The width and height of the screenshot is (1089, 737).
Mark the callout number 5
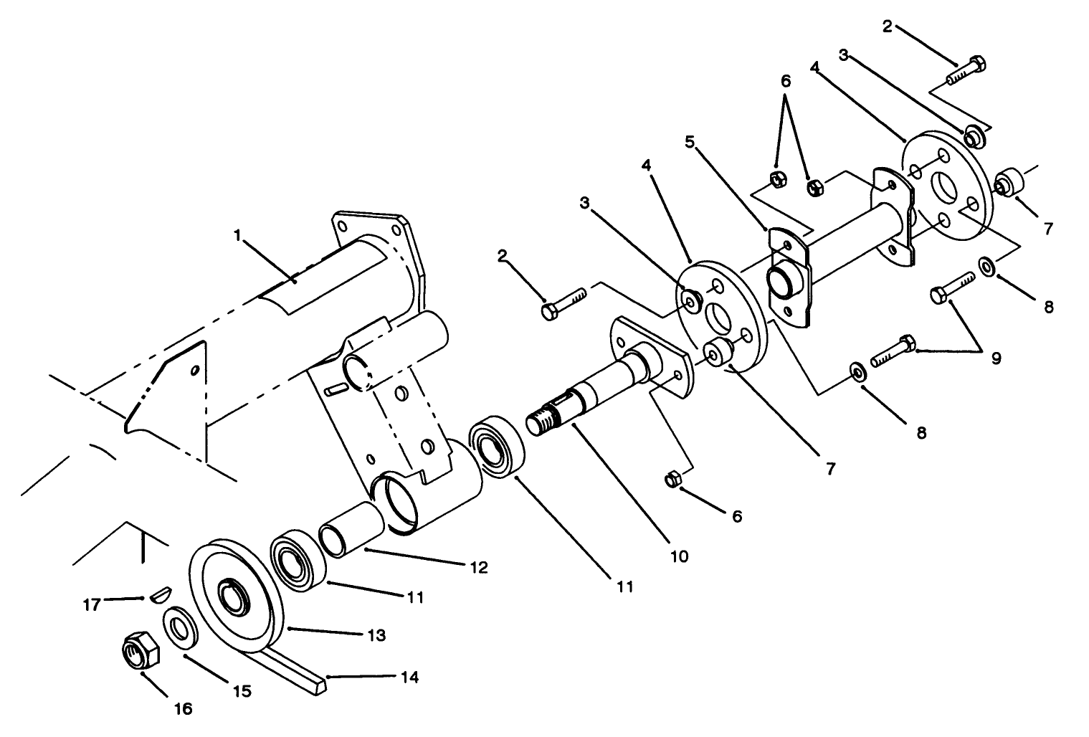tap(689, 141)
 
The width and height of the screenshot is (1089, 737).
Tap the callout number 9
tap(996, 358)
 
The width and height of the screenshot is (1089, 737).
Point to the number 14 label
tap(410, 677)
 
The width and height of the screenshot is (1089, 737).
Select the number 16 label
tap(184, 708)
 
